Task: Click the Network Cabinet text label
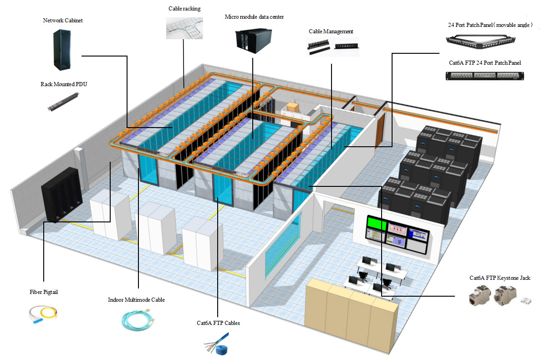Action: point(63,21)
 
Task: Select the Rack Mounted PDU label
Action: point(63,84)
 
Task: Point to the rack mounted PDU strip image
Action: point(64,102)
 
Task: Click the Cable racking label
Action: point(184,9)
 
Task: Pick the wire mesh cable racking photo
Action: point(184,27)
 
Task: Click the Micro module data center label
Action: point(254,17)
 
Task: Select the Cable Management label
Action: point(331,31)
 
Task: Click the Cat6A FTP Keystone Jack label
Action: point(500,278)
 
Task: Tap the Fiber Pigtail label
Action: point(44,292)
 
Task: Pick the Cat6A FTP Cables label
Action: point(218,323)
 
